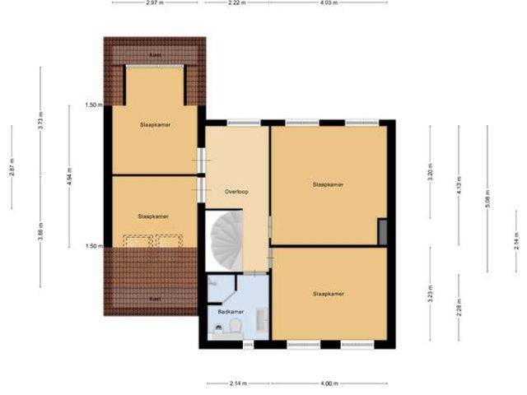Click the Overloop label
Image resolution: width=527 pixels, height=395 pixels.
[236, 191]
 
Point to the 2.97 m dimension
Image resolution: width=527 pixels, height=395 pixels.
[152, 3]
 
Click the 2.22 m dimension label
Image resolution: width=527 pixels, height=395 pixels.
[236, 3]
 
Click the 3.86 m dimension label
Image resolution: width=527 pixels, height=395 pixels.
[40, 233]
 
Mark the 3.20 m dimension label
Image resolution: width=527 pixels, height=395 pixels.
[430, 175]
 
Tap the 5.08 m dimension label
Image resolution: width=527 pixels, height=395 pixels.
[487, 200]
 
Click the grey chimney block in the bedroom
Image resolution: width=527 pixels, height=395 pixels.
[383, 231]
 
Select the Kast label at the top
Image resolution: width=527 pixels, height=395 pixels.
[154, 54]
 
